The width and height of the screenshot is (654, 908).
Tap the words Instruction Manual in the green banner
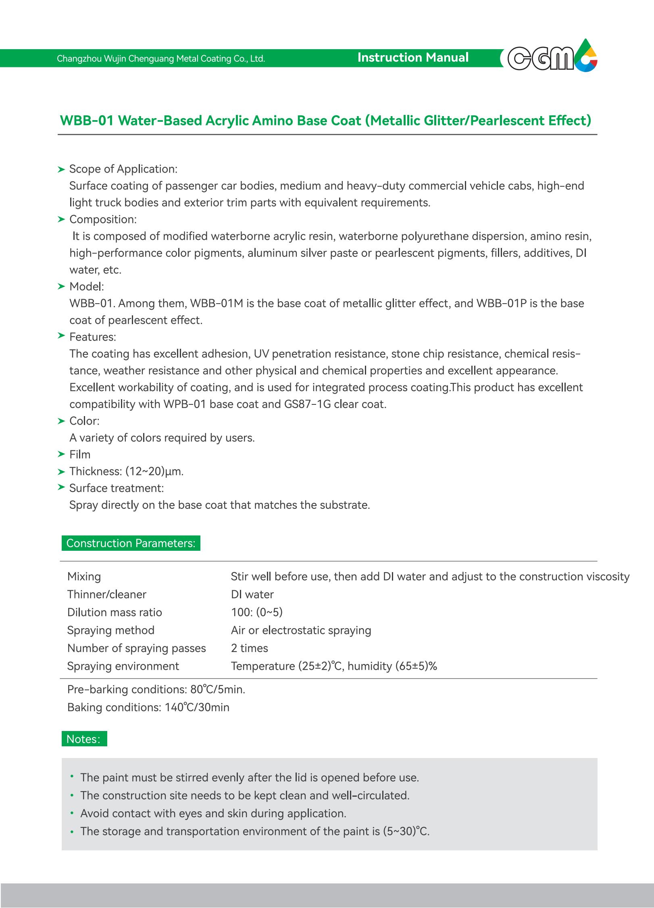click(413, 58)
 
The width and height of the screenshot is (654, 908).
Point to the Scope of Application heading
click(123, 169)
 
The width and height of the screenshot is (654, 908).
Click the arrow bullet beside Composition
click(61, 219)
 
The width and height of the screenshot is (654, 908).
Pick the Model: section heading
click(86, 287)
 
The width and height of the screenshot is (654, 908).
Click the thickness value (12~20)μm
click(154, 471)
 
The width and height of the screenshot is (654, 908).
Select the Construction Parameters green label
click(131, 543)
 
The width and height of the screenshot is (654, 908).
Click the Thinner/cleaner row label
click(107, 594)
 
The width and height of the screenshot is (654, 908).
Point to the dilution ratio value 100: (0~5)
click(257, 612)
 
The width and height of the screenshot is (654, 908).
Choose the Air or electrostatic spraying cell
click(301, 630)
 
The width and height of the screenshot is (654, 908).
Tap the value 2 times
click(249, 648)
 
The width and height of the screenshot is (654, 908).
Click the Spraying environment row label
click(123, 666)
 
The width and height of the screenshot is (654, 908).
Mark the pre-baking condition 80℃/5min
click(218, 689)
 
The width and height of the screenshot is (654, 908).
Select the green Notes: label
click(84, 739)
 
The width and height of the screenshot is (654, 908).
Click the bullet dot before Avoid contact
click(72, 813)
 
